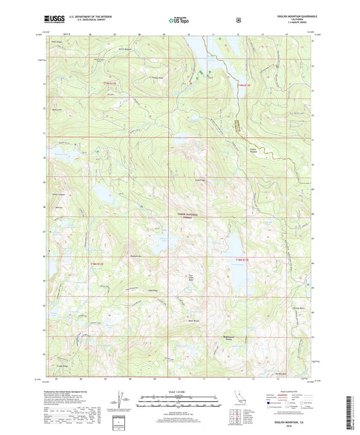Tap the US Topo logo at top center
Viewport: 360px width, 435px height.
pos(178,21)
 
